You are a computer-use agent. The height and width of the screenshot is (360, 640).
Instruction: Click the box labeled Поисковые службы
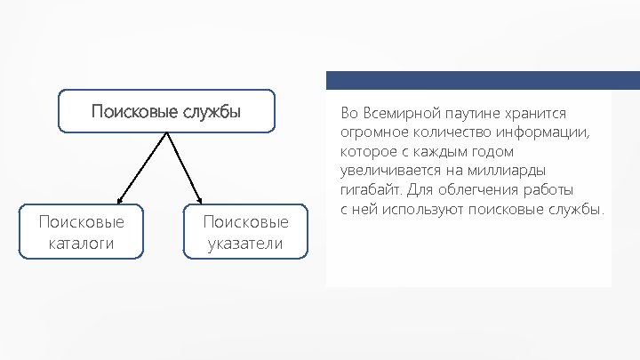click(x=167, y=110)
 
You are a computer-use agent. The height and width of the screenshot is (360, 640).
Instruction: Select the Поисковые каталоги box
click(x=81, y=233)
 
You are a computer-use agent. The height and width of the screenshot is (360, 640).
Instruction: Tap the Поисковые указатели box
click(x=244, y=233)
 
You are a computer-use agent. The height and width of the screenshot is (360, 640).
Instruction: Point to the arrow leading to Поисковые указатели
click(x=185, y=169)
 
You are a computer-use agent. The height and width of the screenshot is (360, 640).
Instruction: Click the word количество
click(x=447, y=133)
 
